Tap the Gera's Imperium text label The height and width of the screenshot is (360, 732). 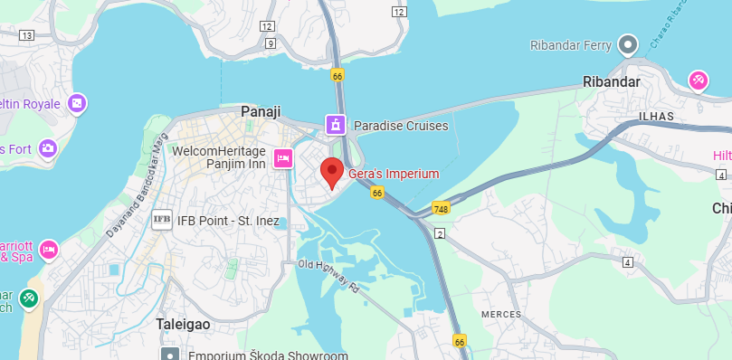[x=394, y=174]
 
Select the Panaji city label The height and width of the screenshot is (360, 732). [x=261, y=110]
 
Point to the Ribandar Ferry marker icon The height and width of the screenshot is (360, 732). [x=628, y=44]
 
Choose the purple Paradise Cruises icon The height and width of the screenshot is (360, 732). [x=336, y=125]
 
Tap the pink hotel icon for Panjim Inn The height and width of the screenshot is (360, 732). [x=282, y=158]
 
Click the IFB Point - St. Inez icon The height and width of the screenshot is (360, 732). [x=162, y=219]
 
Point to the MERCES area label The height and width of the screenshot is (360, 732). [x=500, y=313]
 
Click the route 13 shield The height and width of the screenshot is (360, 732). [x=25, y=35]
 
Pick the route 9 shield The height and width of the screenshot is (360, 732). [x=270, y=43]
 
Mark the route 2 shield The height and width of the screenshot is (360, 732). [x=441, y=234]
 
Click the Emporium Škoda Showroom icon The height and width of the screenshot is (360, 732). [x=169, y=355]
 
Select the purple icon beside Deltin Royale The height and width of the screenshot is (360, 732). [x=77, y=103]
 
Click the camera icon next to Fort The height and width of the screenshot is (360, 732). [x=48, y=147]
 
